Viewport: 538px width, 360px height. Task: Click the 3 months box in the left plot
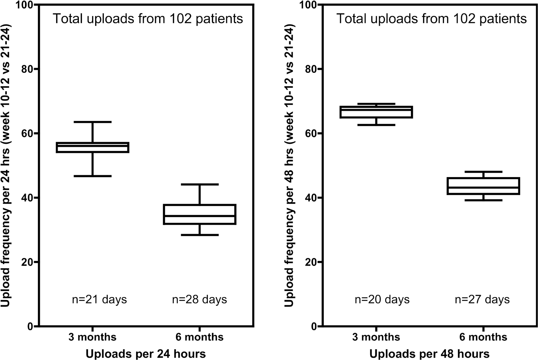93,148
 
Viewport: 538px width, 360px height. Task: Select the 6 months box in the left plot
199,214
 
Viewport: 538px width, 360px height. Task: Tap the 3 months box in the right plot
376,112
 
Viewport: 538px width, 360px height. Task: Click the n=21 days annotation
99,299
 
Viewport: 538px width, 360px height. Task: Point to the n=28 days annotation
199,299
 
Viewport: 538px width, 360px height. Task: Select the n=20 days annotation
382,299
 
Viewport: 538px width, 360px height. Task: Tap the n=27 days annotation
482,299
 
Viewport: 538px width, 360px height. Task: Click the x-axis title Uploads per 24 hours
146,354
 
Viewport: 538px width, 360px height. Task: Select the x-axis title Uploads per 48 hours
429,354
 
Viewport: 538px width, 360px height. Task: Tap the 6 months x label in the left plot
199,337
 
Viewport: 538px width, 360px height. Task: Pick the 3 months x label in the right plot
376,337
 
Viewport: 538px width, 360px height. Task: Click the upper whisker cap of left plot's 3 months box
93,122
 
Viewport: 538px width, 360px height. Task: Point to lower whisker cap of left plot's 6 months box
199,235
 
